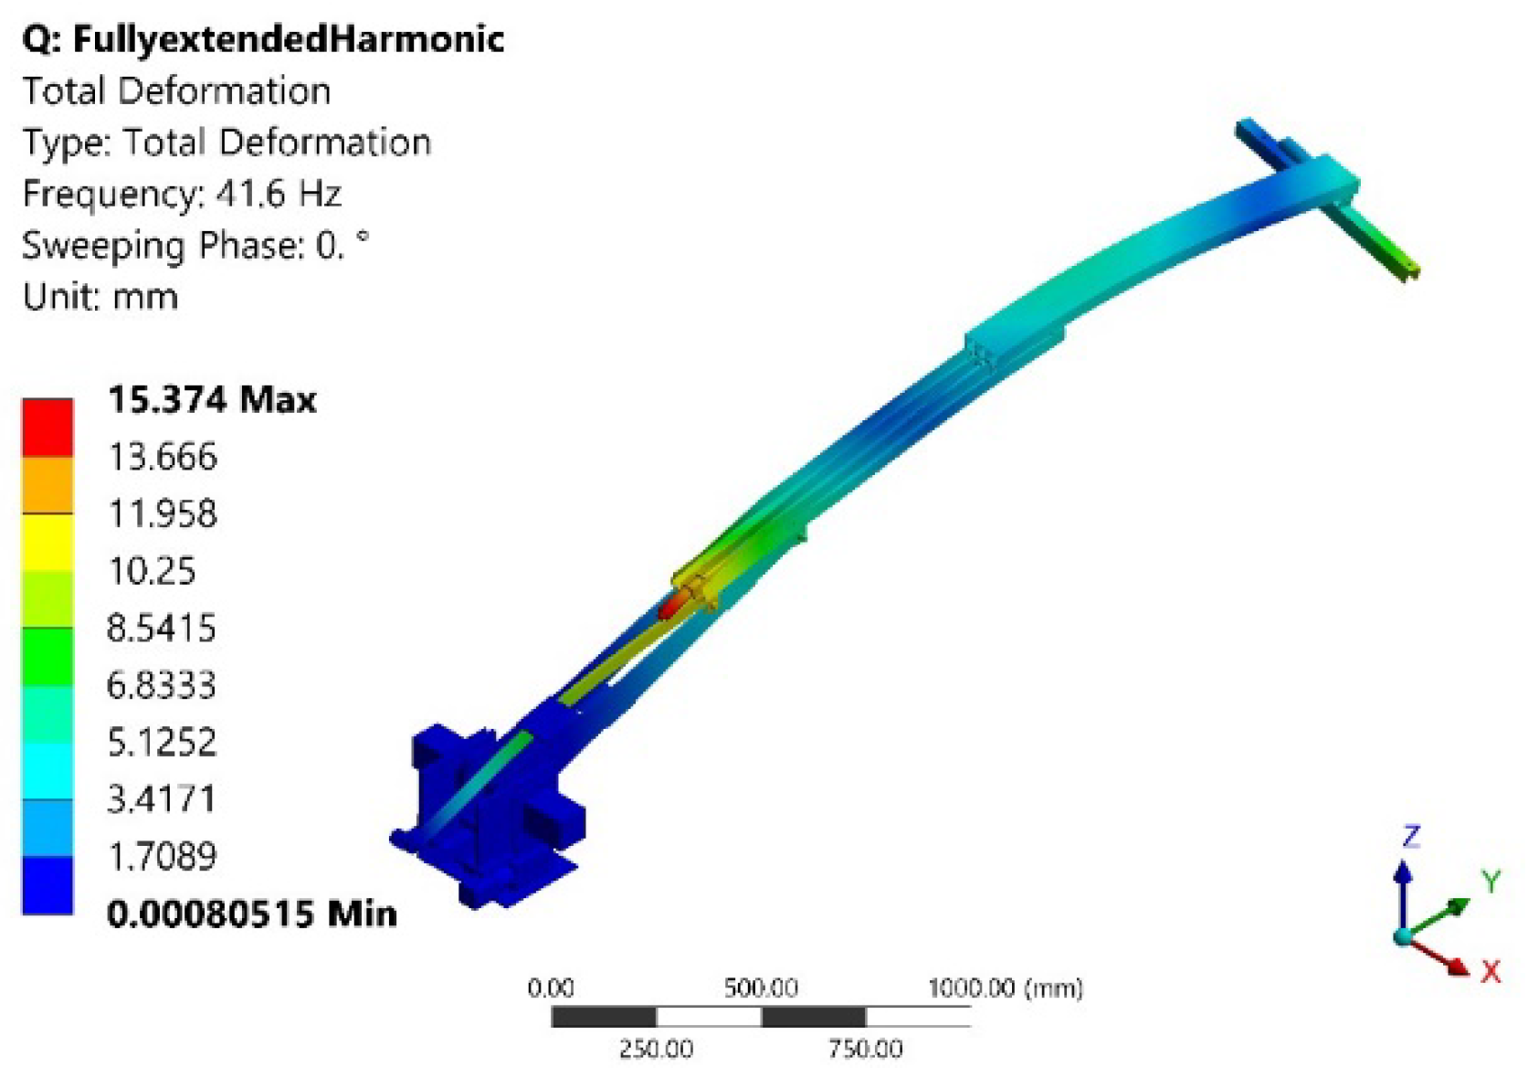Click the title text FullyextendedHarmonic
coord(288,39)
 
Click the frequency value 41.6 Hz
coord(279,194)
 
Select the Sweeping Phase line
coord(195,246)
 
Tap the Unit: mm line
coord(100,297)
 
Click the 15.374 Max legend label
coord(212,399)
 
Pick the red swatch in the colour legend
coord(47,427)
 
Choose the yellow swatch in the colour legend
coord(47,542)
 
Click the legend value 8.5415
coord(162,628)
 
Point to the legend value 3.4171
coord(162,798)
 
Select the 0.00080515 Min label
coord(252,913)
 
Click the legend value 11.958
coord(163,513)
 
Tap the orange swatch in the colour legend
coord(47,484)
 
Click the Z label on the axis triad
coord(1411,836)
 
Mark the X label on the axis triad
coord(1491,971)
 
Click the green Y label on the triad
coord(1491,882)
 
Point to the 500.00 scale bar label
coord(761,988)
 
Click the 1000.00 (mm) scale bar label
coord(1005,988)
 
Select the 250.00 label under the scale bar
coord(656,1049)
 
